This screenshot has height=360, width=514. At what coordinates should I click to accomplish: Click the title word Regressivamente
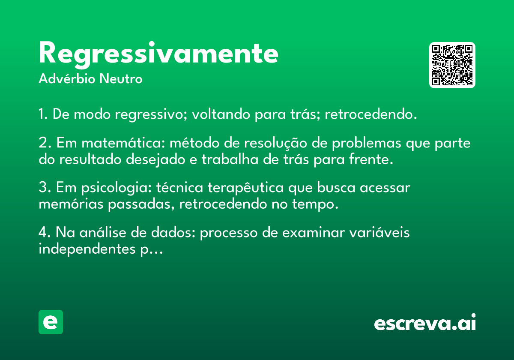tap(158, 55)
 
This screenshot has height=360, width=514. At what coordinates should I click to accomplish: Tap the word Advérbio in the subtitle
tap(67, 78)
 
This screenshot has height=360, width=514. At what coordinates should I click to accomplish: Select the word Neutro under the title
tap(121, 79)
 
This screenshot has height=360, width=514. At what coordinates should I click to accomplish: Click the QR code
tap(452, 65)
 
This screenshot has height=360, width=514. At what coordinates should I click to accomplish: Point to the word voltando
tap(221, 114)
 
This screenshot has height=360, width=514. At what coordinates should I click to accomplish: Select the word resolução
tap(275, 143)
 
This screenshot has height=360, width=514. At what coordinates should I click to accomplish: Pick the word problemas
tap(367, 144)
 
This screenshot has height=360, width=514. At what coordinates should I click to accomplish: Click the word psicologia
tap(117, 188)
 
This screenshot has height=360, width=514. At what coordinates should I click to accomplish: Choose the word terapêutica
tap(245, 188)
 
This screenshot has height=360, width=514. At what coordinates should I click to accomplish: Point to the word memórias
tap(71, 204)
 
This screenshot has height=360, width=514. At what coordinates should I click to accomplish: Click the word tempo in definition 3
tap(315, 204)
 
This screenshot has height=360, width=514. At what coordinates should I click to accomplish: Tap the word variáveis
tap(380, 232)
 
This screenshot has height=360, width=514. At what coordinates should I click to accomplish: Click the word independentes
tap(87, 249)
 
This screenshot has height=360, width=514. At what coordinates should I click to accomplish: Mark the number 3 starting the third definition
tap(43, 187)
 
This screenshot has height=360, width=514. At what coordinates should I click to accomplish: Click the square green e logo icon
tap(51, 322)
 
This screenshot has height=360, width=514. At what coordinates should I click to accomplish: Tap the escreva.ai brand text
tap(425, 322)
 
